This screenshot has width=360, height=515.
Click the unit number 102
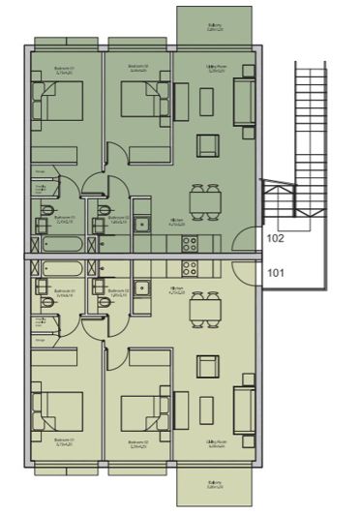point(274,237)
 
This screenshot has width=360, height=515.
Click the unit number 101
point(274,273)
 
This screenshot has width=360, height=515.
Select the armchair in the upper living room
point(208,145)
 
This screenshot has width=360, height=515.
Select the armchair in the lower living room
point(208,367)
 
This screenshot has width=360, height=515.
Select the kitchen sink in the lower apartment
point(141,287)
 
